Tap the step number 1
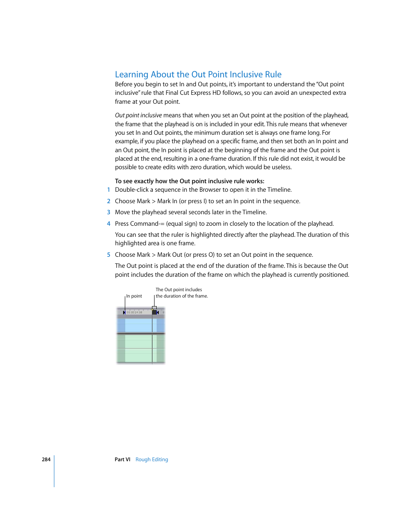[109, 190]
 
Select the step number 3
[109, 212]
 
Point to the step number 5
[109, 255]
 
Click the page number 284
[46, 460]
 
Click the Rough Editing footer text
[152, 460]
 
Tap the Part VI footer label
[122, 460]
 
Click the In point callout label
[134, 296]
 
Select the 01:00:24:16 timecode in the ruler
[135, 312]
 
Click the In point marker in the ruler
[124, 312]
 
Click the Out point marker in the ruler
[158, 312]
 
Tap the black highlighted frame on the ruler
[154, 312]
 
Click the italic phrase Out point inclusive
[138, 116]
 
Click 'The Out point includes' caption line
[179, 290]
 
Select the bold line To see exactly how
[189, 181]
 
